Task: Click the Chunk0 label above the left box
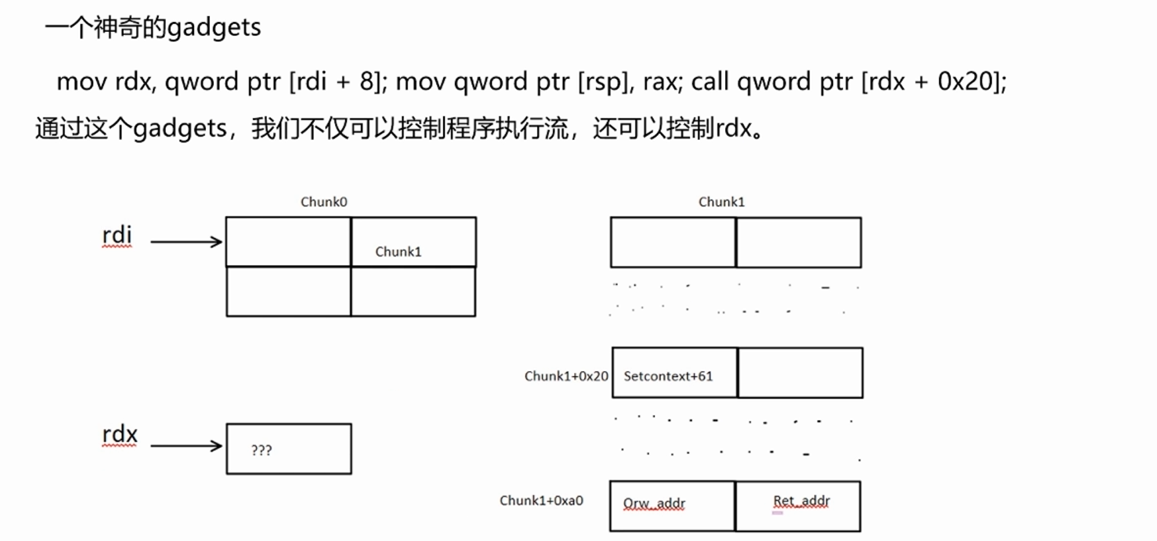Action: pyautogui.click(x=324, y=202)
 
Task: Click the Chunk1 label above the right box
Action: pyautogui.click(x=721, y=202)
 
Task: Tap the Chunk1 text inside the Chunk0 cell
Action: pyautogui.click(x=398, y=252)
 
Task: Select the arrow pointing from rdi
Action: pyautogui.click(x=186, y=242)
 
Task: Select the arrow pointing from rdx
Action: pyautogui.click(x=186, y=446)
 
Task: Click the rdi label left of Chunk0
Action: pyautogui.click(x=117, y=236)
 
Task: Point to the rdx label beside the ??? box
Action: pyautogui.click(x=119, y=435)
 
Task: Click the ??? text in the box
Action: pyautogui.click(x=262, y=450)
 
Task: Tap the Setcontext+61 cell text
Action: pyautogui.click(x=668, y=376)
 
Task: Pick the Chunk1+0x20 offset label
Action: pyautogui.click(x=566, y=376)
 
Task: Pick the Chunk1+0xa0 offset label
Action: pyautogui.click(x=541, y=500)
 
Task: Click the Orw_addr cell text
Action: pyautogui.click(x=654, y=503)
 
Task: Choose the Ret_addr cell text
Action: pyautogui.click(x=801, y=500)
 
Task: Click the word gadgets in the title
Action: pyautogui.click(x=214, y=28)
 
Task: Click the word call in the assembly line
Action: pyautogui.click(x=710, y=82)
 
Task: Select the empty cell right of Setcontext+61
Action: pyautogui.click(x=800, y=373)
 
